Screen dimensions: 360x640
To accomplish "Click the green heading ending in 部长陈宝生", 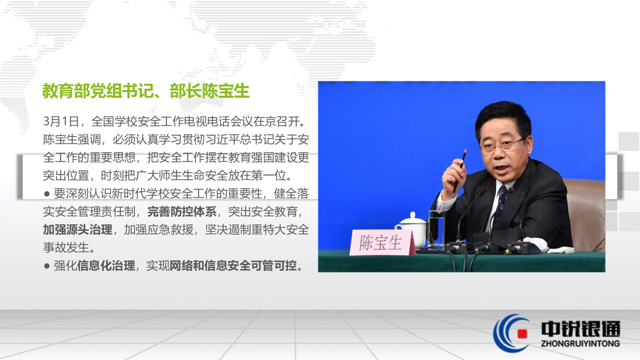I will coord(146,91).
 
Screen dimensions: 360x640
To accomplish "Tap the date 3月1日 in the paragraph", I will coord(61,121).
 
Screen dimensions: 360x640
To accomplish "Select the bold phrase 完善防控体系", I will coord(182,212).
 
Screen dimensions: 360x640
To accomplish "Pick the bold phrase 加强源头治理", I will coord(78,230).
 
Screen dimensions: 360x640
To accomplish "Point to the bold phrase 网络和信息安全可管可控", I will coord(233,266).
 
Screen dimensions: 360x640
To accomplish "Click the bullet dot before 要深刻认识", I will coord(46,194).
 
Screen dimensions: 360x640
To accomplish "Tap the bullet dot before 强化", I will coord(46,266).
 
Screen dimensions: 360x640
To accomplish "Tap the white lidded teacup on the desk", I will coord(412,228).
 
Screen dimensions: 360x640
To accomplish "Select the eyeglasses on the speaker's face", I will coord(501,144).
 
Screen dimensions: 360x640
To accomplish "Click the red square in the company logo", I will coord(522,333).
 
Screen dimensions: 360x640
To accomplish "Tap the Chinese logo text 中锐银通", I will coord(580,328).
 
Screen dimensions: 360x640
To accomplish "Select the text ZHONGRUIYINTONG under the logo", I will coord(580,343).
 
